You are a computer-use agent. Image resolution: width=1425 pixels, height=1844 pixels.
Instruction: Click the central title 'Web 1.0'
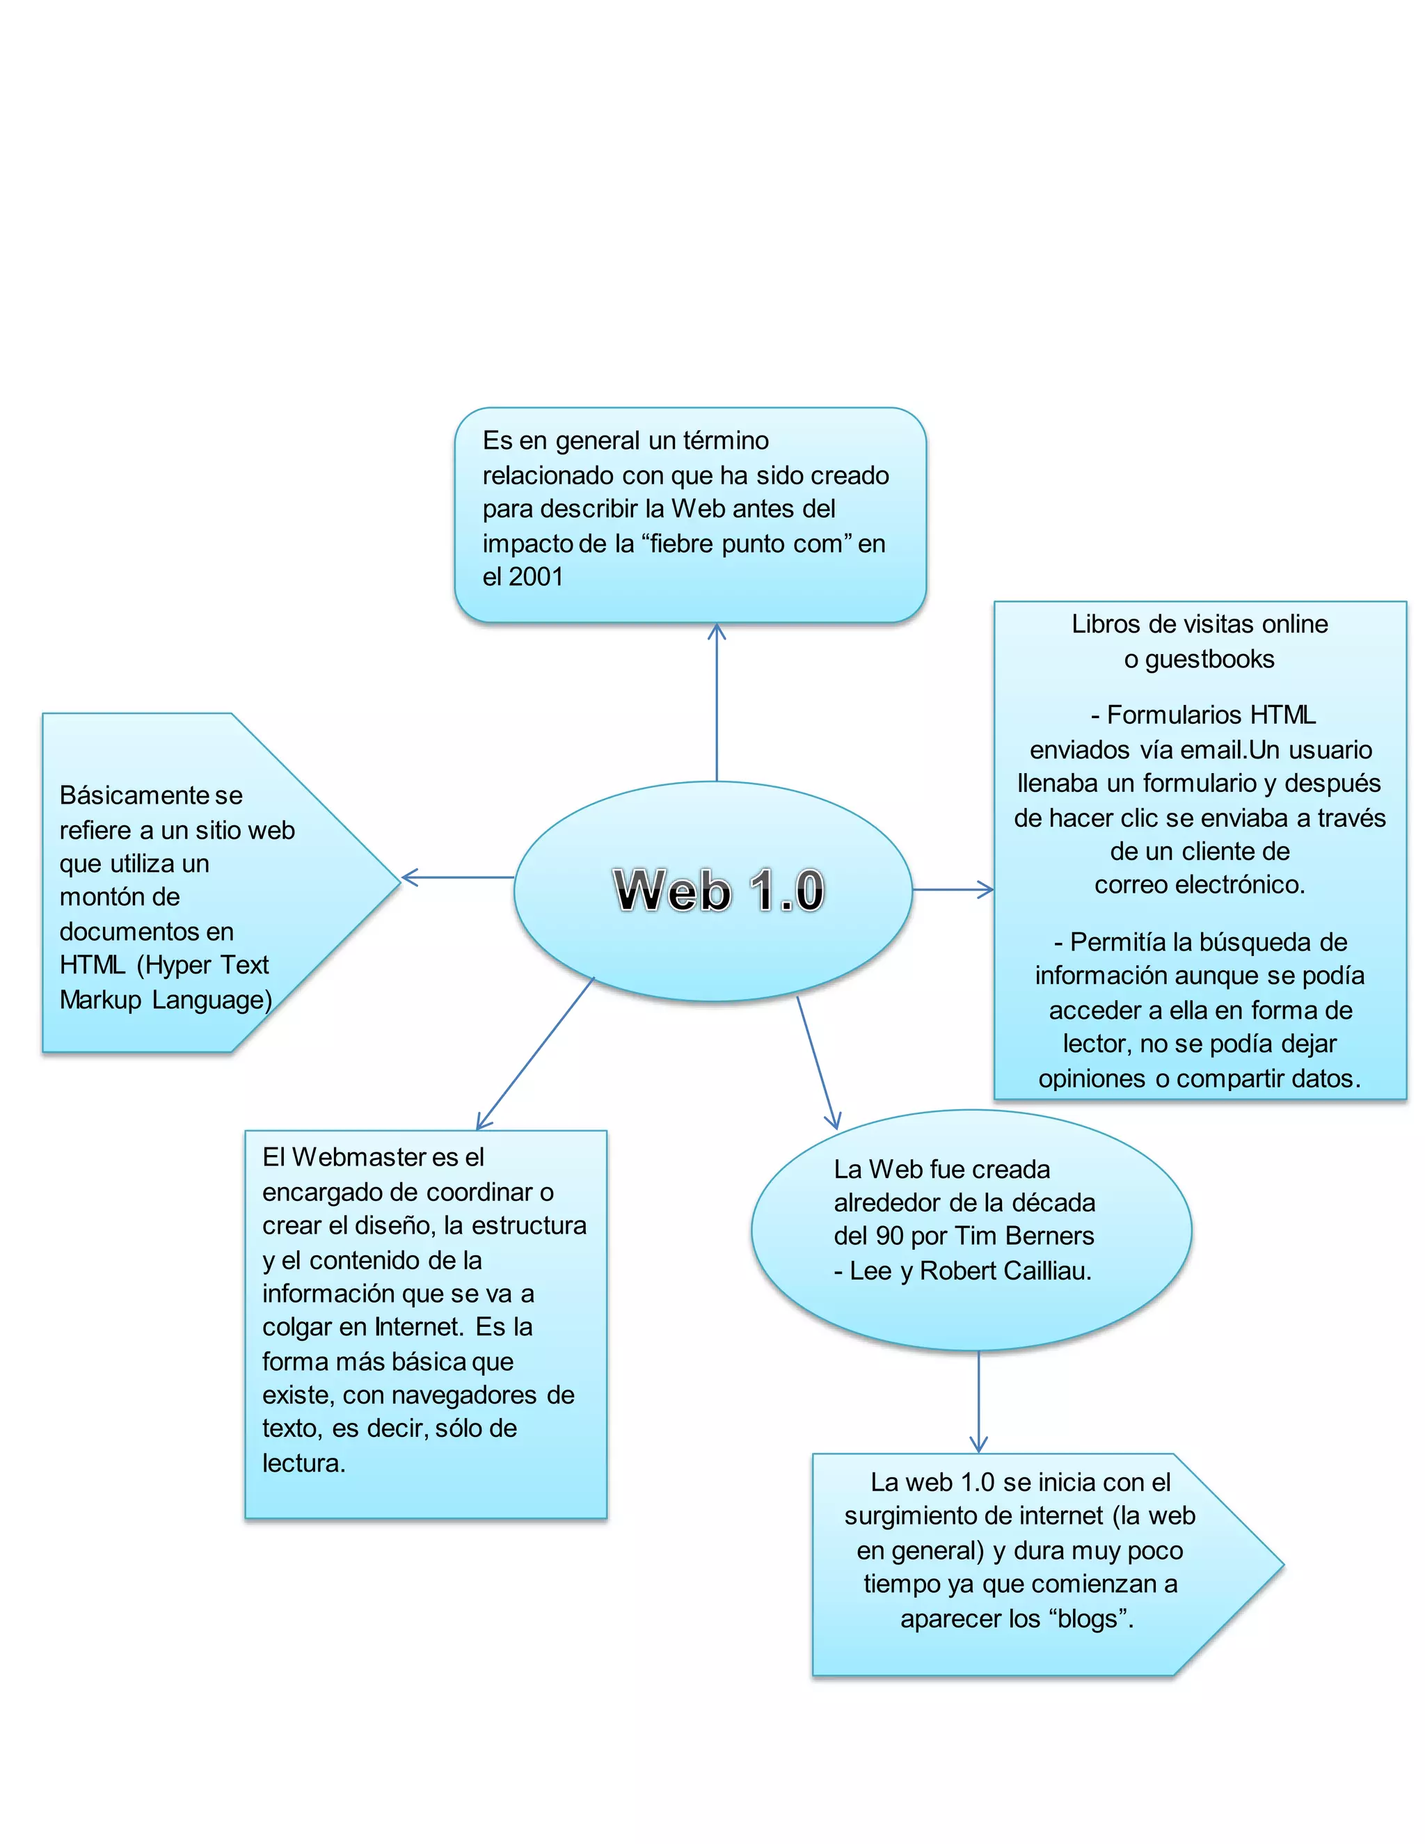pyautogui.click(x=718, y=890)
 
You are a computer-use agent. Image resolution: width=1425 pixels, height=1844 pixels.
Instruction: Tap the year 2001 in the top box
pyautogui.click(x=535, y=577)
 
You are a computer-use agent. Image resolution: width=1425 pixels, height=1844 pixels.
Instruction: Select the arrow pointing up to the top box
pyautogui.click(x=717, y=701)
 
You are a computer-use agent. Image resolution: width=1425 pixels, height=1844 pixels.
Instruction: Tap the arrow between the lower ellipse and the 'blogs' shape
pyautogui.click(x=978, y=1401)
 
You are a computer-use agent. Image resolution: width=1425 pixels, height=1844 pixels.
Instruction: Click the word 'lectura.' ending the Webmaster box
pyautogui.click(x=304, y=1463)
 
